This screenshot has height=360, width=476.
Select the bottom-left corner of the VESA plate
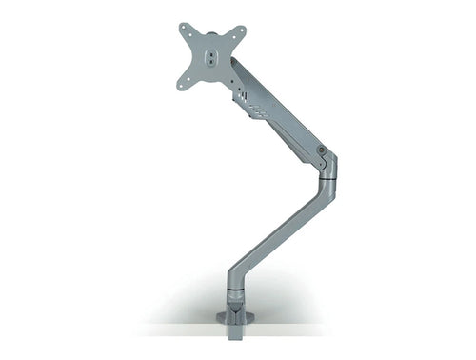(180, 87)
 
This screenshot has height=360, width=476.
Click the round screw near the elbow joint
(323, 150)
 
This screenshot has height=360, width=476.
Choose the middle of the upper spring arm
(281, 110)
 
